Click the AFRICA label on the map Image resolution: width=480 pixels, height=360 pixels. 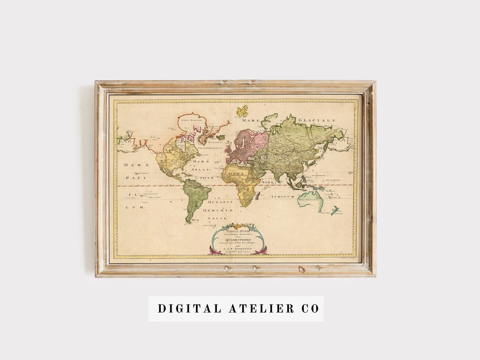tap(233, 173)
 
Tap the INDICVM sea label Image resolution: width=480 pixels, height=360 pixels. tap(283, 196)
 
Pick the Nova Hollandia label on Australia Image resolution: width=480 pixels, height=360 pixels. tap(310, 200)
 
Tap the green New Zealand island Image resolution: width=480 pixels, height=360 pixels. tap(335, 210)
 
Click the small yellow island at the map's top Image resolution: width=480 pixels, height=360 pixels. tap(242, 111)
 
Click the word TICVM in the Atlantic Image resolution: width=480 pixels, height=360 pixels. tap(206, 177)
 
